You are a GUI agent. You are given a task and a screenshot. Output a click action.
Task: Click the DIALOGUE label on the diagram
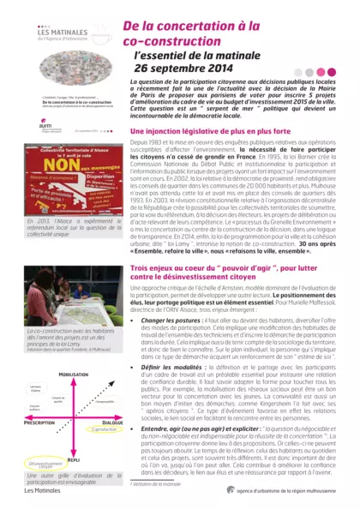(112, 398)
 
